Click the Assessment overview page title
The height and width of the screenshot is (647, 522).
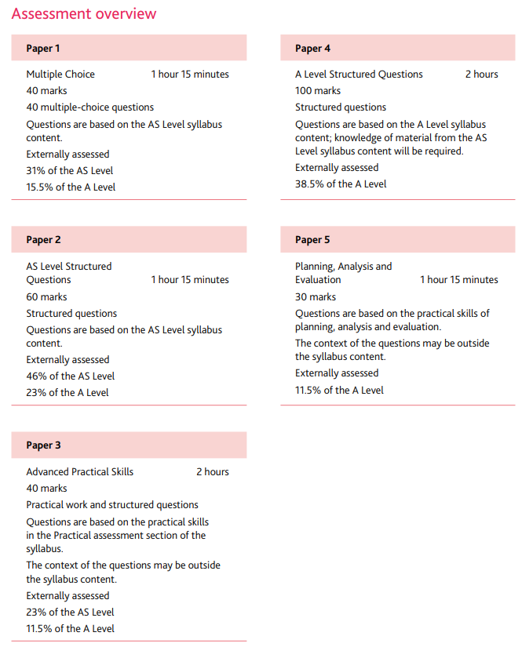pyautogui.click(x=84, y=14)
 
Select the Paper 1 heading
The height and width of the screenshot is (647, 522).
pyautogui.click(x=43, y=49)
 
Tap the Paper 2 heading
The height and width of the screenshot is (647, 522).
pyautogui.click(x=43, y=240)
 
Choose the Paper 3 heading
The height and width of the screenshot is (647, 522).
pyautogui.click(x=43, y=445)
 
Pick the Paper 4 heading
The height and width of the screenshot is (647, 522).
pyautogui.click(x=312, y=49)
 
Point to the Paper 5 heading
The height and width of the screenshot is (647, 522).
pyautogui.click(x=312, y=240)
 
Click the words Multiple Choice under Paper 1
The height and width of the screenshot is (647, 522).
pyautogui.click(x=60, y=75)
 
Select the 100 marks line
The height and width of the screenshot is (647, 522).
pyautogui.click(x=318, y=91)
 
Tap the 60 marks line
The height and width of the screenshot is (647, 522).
pyautogui.click(x=46, y=297)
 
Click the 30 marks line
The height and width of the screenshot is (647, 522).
pyautogui.click(x=316, y=297)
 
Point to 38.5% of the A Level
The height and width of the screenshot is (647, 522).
pyautogui.click(x=341, y=184)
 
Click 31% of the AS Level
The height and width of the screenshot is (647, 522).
pyautogui.click(x=70, y=171)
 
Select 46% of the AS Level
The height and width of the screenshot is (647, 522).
pyautogui.click(x=70, y=376)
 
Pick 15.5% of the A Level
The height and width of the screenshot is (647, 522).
pyautogui.click(x=71, y=187)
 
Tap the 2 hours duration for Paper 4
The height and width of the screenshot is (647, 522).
pyautogui.click(x=481, y=75)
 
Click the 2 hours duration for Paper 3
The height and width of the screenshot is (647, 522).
pyautogui.click(x=213, y=472)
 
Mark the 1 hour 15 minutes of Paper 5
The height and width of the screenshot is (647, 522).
pyautogui.click(x=458, y=280)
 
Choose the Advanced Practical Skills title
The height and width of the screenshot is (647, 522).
pyautogui.click(x=79, y=472)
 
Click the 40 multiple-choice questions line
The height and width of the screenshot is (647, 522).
pyautogui.click(x=89, y=107)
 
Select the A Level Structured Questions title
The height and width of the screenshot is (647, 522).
pyautogui.click(x=359, y=75)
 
